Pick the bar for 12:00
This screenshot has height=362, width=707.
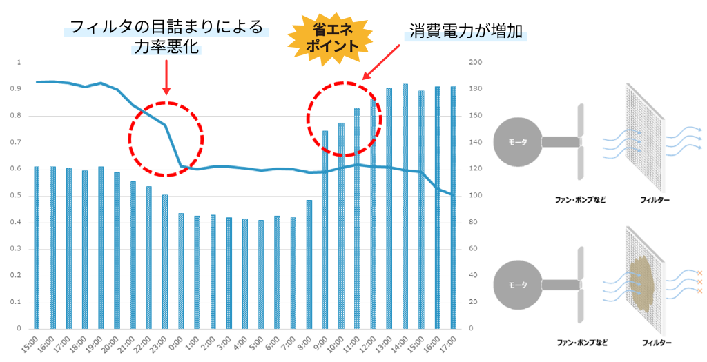point(374,214)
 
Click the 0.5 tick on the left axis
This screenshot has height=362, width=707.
point(19,195)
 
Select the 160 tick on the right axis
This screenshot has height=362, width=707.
point(476,116)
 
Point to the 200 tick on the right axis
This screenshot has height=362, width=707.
point(476,63)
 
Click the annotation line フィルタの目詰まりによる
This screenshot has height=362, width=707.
point(166,28)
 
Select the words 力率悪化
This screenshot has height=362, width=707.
point(166,48)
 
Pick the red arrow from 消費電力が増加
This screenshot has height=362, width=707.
point(382,61)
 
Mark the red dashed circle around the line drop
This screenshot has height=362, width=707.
point(166,139)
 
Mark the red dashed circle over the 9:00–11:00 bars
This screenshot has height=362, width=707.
point(344,119)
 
